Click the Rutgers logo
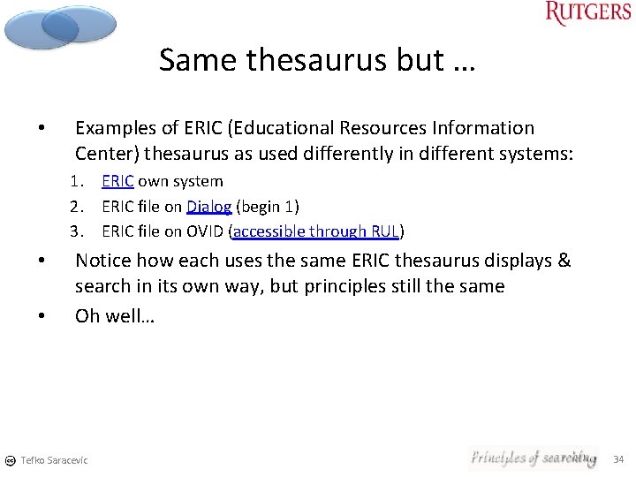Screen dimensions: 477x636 point(587,12)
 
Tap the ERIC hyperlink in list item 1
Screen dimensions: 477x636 point(117,181)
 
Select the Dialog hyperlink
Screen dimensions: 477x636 point(209,207)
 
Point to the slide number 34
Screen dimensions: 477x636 point(618,458)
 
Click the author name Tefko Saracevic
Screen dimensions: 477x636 point(54,460)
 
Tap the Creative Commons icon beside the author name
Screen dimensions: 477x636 point(9,460)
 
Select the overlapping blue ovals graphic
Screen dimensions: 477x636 point(59,26)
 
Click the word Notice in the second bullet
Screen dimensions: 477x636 point(102,261)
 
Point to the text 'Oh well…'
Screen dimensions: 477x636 point(115,316)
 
